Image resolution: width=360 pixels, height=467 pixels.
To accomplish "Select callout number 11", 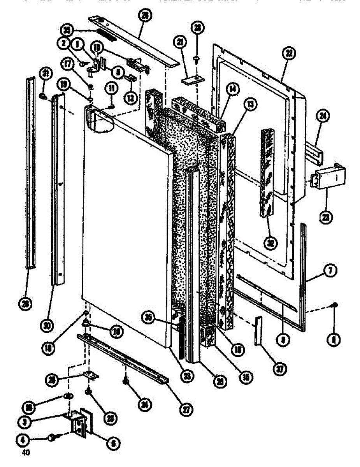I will [112, 89].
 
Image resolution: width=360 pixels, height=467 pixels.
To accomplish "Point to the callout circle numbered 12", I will [131, 97].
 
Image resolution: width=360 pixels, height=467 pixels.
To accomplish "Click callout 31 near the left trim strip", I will [46, 74].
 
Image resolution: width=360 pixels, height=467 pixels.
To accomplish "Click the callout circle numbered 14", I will [233, 89].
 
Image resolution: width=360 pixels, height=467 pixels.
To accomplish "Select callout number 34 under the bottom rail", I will [134, 404].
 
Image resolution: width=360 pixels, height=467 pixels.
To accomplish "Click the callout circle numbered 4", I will [22, 439].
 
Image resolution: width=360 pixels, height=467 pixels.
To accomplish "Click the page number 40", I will [25, 453].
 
